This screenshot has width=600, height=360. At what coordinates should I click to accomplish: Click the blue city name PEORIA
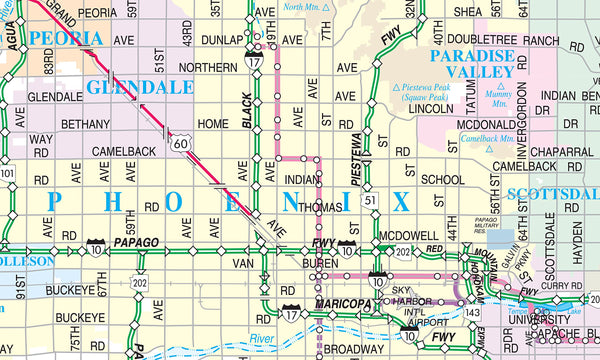(x=65, y=39)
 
